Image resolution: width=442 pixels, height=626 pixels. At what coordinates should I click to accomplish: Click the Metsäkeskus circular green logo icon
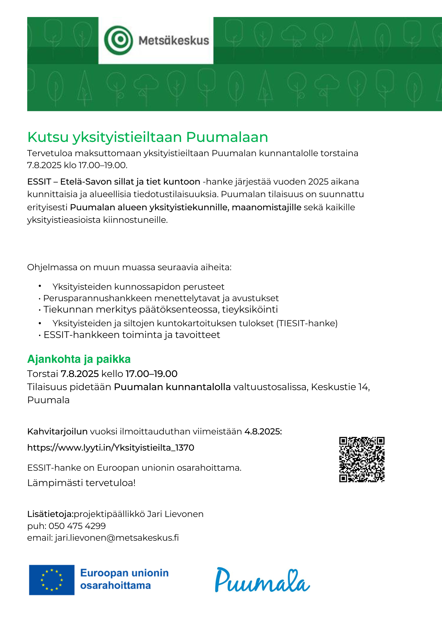click(x=118, y=40)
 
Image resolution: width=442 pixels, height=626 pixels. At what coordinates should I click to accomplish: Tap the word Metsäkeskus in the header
click(x=174, y=41)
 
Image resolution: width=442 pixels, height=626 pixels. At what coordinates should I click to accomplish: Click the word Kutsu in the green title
click(x=48, y=137)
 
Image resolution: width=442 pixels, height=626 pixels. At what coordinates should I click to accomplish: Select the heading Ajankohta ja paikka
click(x=79, y=359)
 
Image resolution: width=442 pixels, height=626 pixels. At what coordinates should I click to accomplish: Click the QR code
click(x=362, y=459)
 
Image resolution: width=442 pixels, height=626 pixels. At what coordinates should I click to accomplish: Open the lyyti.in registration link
click(x=111, y=448)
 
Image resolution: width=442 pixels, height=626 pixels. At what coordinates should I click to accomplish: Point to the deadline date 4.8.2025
click(x=263, y=432)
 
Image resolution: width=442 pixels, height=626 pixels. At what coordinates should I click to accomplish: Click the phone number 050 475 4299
click(x=77, y=526)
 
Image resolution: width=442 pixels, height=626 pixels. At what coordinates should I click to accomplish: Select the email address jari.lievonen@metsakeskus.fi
click(x=117, y=538)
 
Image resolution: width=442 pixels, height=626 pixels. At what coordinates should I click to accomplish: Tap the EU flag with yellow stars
click(x=52, y=580)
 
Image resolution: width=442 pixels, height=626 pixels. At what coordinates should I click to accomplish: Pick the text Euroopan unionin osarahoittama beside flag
click(x=124, y=579)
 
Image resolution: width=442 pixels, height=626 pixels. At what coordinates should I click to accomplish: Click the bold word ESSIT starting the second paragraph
click(x=39, y=182)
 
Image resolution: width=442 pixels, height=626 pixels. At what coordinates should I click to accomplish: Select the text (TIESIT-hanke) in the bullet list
click(x=307, y=323)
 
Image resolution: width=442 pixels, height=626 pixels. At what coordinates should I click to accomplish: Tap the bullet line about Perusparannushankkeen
click(x=161, y=298)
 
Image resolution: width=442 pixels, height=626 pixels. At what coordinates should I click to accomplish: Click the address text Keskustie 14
click(x=340, y=387)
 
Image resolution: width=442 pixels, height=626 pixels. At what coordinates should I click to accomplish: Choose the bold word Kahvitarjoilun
click(x=57, y=432)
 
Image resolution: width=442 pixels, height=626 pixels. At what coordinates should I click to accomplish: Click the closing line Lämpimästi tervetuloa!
click(x=81, y=483)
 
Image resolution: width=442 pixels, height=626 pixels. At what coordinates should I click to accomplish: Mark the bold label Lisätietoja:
click(x=50, y=514)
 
